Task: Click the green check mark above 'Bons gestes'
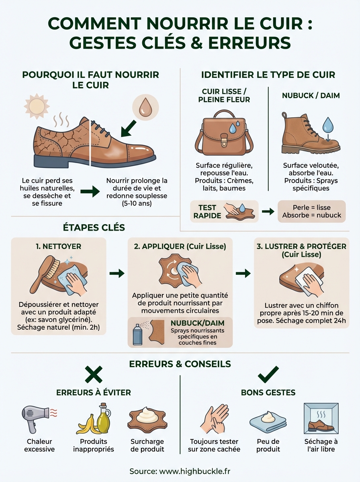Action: coord(268,374)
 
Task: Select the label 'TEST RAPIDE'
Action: coord(207,211)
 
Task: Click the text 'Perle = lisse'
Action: coord(311,208)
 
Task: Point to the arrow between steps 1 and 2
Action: coord(117,274)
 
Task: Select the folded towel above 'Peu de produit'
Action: coord(268,421)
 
